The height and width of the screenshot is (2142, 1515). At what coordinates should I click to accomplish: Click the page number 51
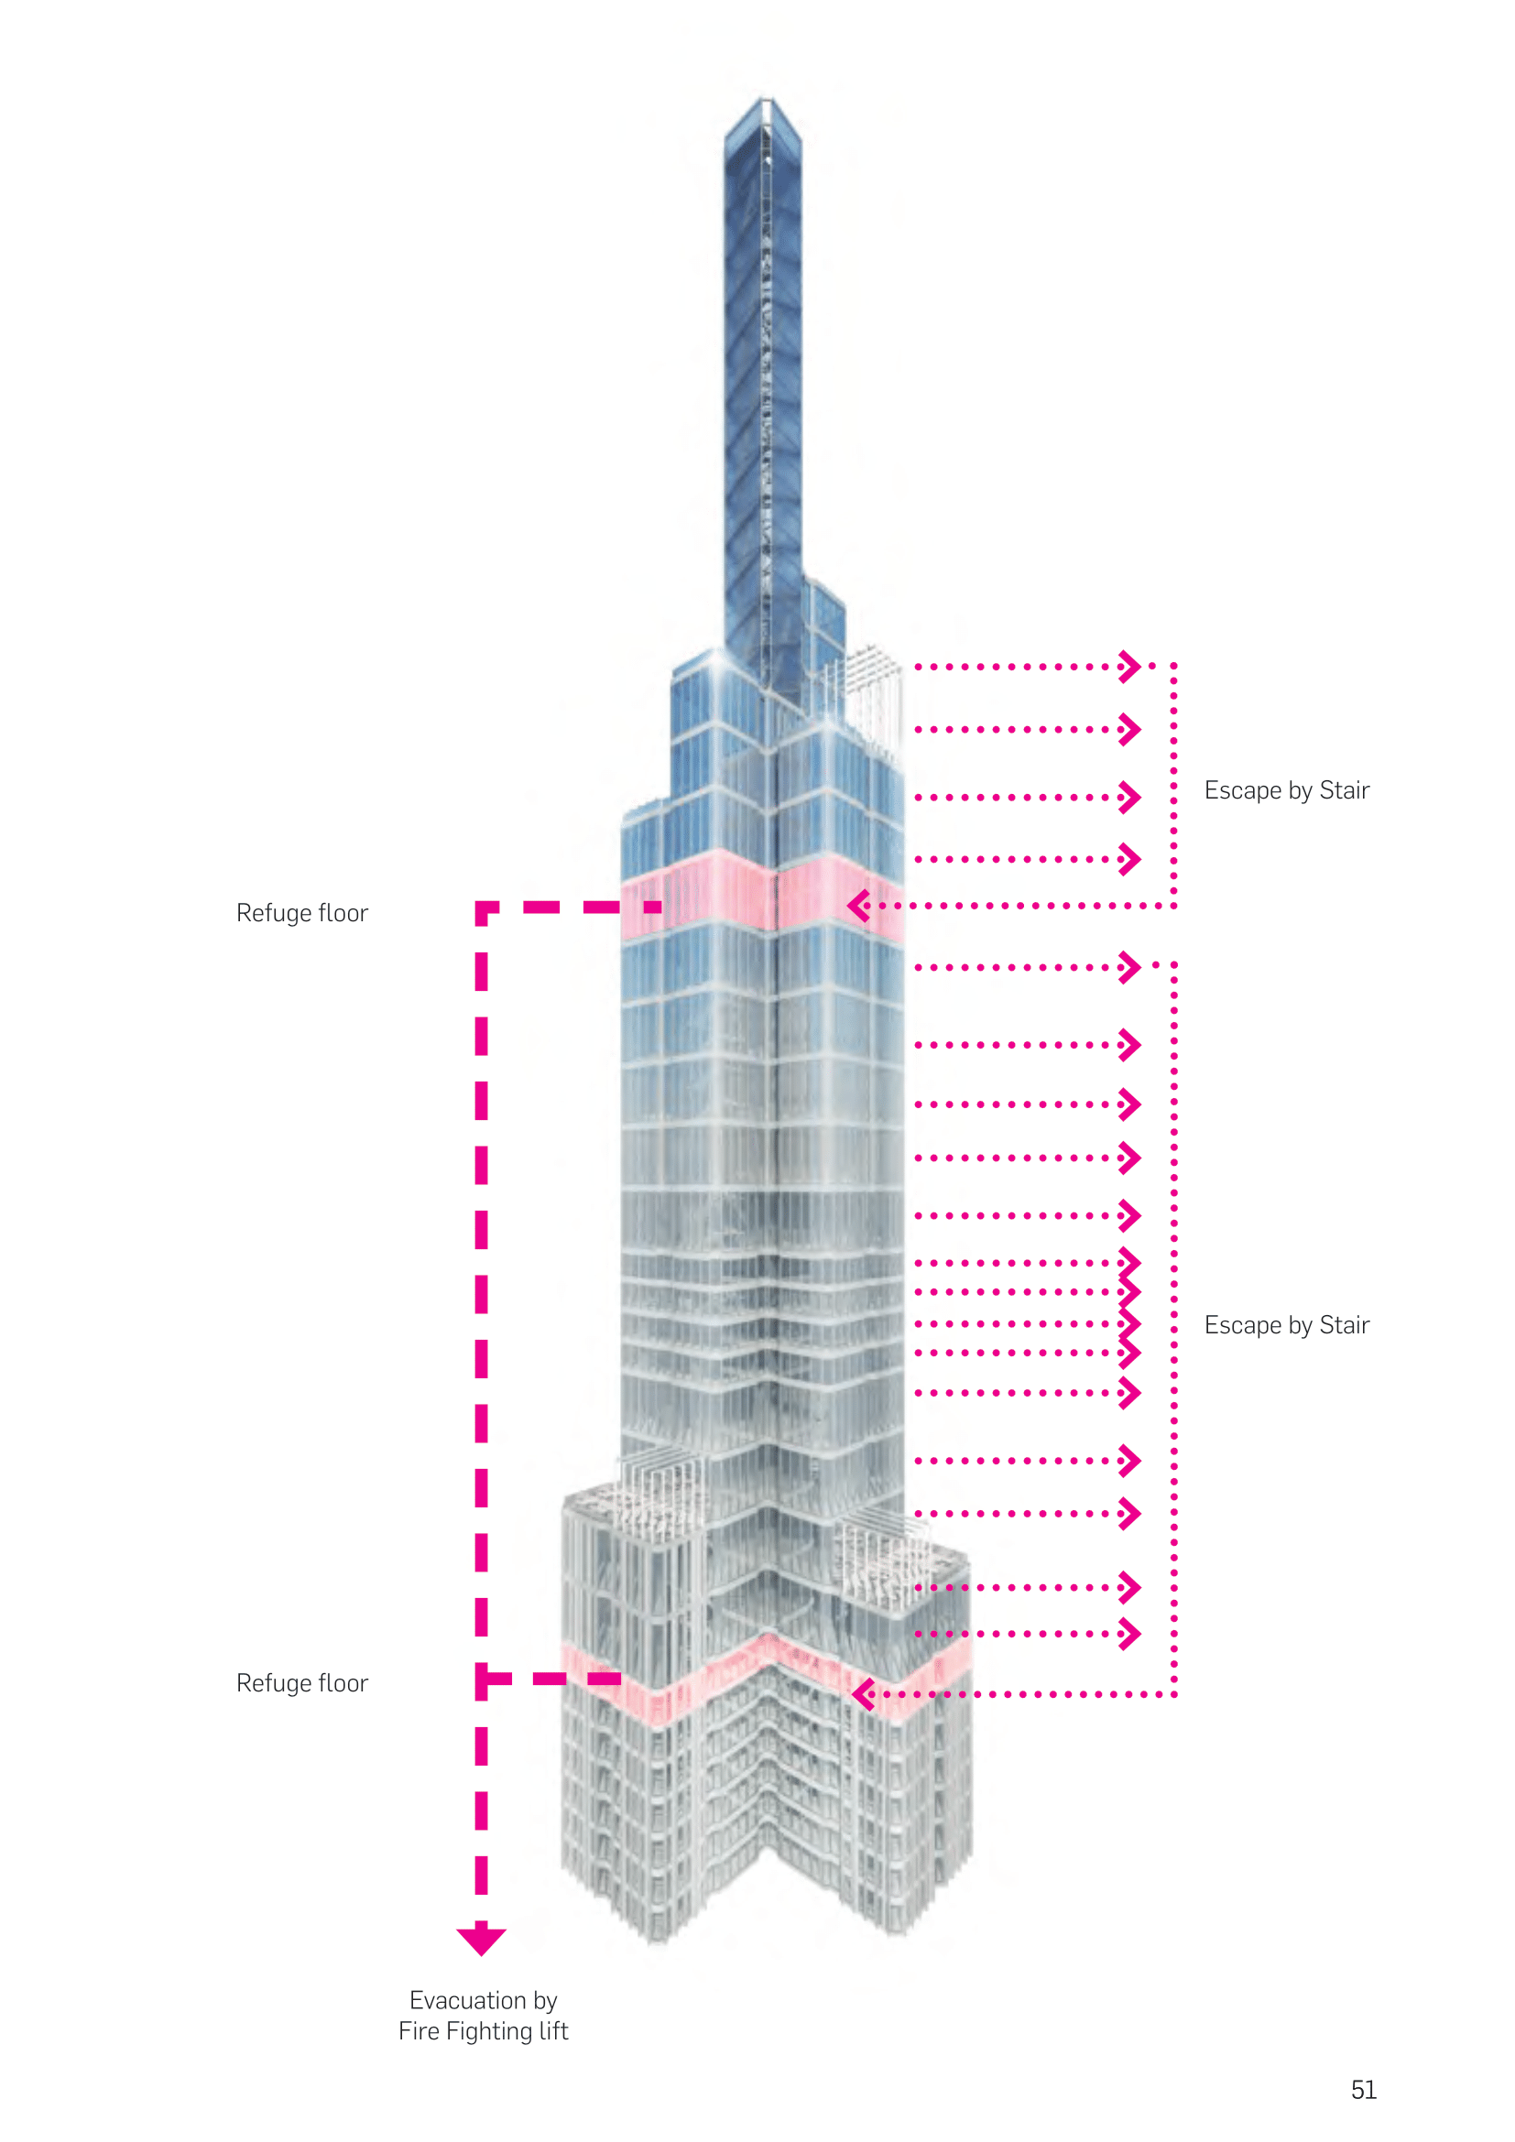pyautogui.click(x=1363, y=2090)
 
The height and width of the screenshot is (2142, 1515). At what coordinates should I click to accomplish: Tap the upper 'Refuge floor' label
pyautogui.click(x=302, y=912)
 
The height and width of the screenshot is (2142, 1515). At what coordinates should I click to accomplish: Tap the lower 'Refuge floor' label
pyautogui.click(x=302, y=1683)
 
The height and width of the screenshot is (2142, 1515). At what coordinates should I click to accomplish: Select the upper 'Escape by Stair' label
pyautogui.click(x=1286, y=790)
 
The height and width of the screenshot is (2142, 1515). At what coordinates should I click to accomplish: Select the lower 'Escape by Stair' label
pyautogui.click(x=1286, y=1325)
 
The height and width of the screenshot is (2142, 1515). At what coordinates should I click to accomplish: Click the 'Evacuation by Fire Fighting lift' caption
pyautogui.click(x=484, y=2015)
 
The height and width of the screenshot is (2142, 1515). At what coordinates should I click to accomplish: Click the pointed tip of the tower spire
pyautogui.click(x=765, y=99)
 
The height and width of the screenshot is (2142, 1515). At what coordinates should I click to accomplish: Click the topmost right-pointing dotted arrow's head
pyautogui.click(x=1129, y=666)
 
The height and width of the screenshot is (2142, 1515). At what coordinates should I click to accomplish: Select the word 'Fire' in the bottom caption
pyautogui.click(x=419, y=2031)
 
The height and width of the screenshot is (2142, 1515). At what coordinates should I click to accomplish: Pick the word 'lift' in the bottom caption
pyautogui.click(x=551, y=2031)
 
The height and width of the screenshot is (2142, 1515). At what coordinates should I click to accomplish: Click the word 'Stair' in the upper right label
pyautogui.click(x=1345, y=790)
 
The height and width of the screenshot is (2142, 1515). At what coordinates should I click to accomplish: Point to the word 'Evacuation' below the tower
pyautogui.click(x=467, y=2000)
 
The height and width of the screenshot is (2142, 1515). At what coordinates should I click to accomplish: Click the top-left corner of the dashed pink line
pyautogui.click(x=483, y=908)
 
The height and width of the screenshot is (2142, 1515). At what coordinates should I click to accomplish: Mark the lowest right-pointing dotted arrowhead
pyautogui.click(x=1129, y=1634)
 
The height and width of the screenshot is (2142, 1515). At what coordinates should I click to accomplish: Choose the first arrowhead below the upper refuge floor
pyautogui.click(x=1129, y=966)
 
